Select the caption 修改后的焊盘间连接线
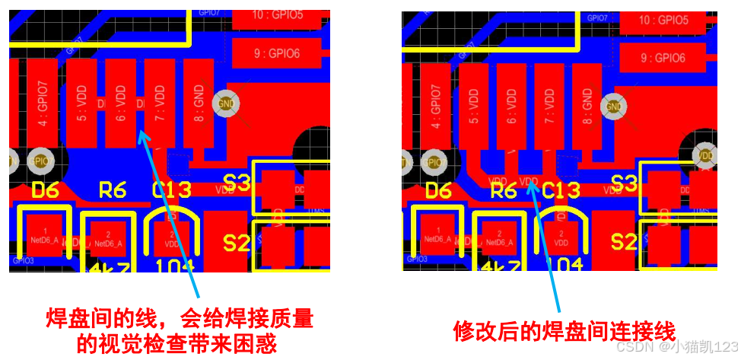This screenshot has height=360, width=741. tap(564, 332)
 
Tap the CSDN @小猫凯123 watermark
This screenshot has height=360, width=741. tap(676, 347)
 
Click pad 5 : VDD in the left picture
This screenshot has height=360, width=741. tap(81, 104)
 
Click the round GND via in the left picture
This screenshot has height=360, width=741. tap(226, 103)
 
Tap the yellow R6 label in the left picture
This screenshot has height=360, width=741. tap(112, 190)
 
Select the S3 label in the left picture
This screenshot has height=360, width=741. tap(237, 183)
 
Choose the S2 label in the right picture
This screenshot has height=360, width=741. tap(624, 243)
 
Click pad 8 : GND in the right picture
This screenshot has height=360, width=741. tap(587, 106)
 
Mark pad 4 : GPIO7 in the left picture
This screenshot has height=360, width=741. tap(43, 104)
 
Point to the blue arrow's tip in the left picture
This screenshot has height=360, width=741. tap(142, 134)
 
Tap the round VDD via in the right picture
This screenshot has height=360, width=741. tap(706, 155)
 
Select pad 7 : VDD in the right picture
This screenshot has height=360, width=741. tap(549, 106)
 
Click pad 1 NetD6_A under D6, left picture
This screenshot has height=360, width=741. tap(45, 235)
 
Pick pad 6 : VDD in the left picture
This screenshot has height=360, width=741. tap(120, 104)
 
